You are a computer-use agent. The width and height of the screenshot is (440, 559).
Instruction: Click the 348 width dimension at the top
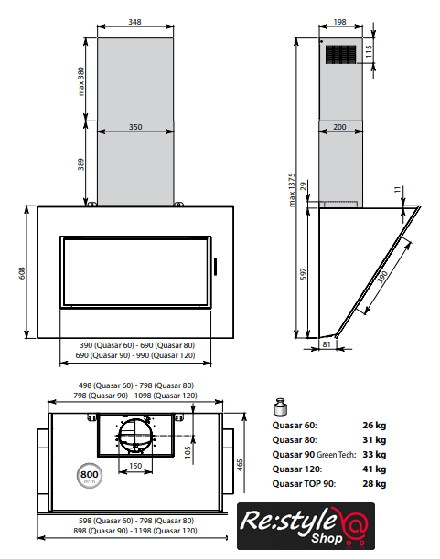(134, 22)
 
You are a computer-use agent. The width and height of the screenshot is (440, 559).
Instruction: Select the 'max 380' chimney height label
(81, 81)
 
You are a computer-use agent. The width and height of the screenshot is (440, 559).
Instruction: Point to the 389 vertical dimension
(81, 164)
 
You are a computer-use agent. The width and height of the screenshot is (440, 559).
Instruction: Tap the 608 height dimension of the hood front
(22, 273)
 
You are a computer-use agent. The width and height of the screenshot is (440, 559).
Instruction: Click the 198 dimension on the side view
(339, 22)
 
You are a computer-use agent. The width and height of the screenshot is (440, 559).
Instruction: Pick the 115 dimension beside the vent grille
(369, 51)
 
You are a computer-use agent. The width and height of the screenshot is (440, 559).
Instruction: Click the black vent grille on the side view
(340, 55)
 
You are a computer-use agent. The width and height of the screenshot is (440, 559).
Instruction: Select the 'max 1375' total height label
(292, 190)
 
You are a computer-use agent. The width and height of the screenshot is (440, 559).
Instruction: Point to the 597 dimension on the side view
(304, 274)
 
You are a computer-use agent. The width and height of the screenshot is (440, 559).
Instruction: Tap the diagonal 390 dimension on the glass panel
(382, 277)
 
